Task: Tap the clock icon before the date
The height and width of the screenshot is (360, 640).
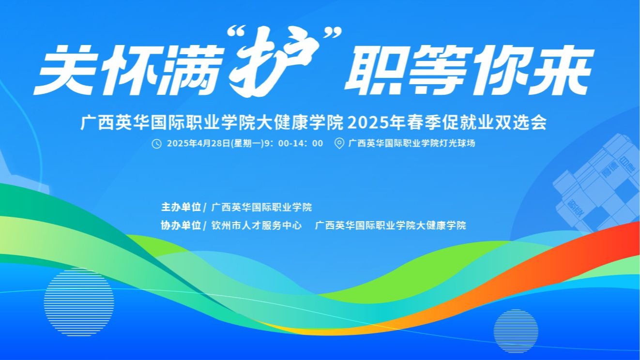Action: click(156, 144)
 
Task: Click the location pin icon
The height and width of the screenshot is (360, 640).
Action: click(339, 144)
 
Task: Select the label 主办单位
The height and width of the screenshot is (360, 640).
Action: click(181, 207)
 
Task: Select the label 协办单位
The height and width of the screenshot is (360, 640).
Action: click(181, 225)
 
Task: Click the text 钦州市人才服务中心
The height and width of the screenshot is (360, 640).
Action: click(257, 225)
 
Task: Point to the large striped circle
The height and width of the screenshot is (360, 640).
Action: click(79, 296)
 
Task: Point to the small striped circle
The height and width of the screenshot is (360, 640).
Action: click(516, 331)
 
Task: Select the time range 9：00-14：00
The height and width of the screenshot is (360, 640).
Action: click(292, 144)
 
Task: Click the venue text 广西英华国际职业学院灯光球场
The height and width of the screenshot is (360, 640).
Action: click(411, 144)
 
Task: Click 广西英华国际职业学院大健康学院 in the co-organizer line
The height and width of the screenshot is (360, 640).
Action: click(390, 225)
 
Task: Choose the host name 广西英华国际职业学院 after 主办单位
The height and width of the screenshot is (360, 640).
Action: click(262, 207)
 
